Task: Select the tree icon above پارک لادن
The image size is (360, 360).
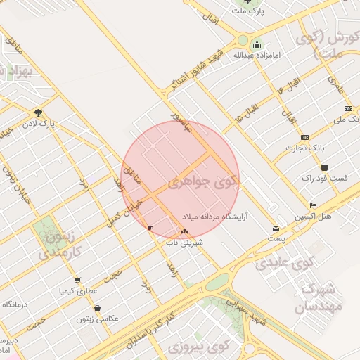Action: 37,112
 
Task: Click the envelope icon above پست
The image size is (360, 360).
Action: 276,229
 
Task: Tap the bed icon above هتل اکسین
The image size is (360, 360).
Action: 313,205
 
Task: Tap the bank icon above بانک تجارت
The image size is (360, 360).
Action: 304,137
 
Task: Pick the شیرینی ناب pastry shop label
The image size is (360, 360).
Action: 184,242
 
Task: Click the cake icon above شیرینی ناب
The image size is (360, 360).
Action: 184,231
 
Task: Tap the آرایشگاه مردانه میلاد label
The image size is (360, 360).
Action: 214,216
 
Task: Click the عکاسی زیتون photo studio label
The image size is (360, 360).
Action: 97,319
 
